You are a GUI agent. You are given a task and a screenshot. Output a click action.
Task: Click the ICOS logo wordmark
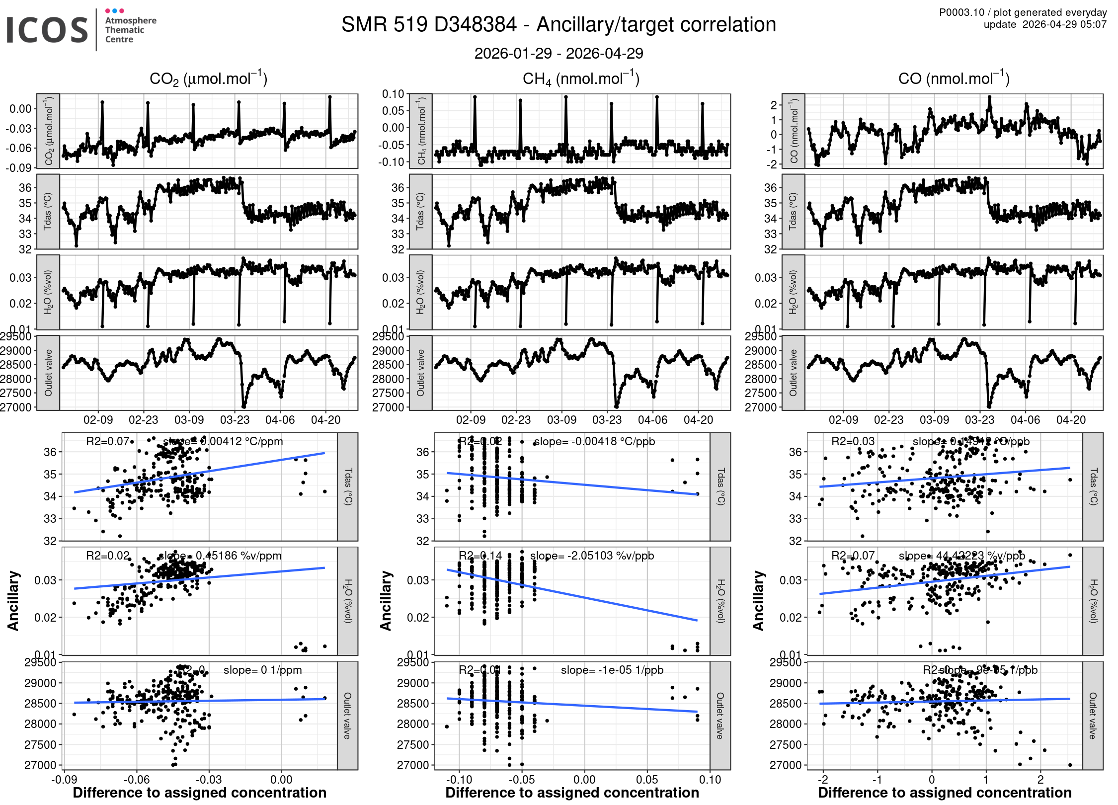tap(47, 30)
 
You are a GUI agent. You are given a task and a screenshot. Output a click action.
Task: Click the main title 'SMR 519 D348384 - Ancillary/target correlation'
tap(559, 25)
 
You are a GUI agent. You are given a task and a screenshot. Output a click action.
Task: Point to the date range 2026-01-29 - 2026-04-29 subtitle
tap(559, 53)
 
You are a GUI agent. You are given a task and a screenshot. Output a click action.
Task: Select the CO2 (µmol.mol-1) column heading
tap(208, 79)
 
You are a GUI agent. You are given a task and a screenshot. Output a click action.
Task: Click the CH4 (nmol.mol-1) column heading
tap(581, 79)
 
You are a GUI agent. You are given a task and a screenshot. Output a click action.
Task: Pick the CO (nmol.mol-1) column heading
tap(954, 79)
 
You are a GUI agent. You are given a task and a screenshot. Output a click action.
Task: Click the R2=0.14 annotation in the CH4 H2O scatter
tap(480, 556)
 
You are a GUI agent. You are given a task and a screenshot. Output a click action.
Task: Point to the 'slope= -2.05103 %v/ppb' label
tap(592, 556)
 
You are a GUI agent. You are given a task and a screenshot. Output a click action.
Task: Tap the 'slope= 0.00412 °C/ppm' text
tap(223, 441)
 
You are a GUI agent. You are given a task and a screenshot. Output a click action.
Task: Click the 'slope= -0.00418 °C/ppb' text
tap(594, 441)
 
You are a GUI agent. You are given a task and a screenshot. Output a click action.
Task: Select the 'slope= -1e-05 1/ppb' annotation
tap(612, 670)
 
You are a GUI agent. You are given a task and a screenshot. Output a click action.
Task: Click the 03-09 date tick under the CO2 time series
tap(189, 420)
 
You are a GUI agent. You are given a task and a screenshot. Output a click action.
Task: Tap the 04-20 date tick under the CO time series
tap(1071, 420)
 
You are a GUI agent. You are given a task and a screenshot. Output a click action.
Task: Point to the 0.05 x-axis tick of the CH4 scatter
tap(647, 780)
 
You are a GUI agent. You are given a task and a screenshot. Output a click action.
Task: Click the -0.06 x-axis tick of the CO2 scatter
tap(136, 780)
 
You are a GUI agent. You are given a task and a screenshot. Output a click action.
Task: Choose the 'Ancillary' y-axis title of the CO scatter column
tap(758, 601)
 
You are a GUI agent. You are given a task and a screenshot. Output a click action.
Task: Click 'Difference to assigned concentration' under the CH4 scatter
tap(572, 793)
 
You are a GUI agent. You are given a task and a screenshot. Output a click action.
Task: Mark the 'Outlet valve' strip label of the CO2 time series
tap(48, 373)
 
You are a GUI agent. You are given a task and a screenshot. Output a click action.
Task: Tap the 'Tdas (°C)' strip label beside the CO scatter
tap(1093, 486)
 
